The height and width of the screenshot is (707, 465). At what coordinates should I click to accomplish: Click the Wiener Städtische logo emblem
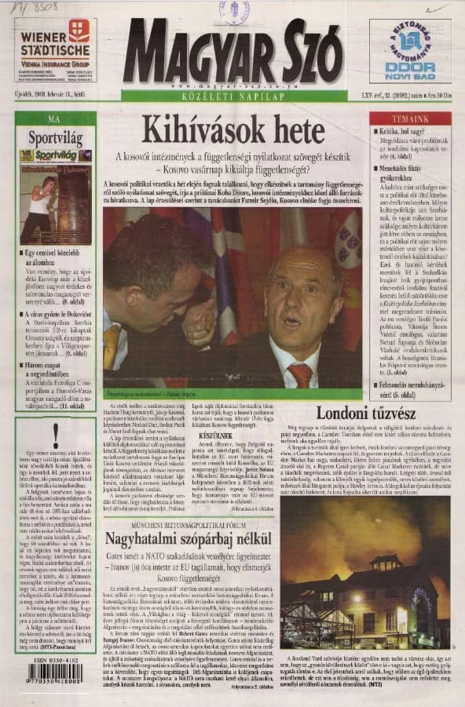coord(79,31)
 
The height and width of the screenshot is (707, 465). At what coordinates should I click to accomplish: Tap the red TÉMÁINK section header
coord(410,118)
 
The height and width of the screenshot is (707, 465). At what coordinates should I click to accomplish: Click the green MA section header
coord(54,118)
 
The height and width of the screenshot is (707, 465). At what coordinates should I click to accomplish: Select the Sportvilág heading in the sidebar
coord(54,137)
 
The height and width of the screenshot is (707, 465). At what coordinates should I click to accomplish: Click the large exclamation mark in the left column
coord(55,434)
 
